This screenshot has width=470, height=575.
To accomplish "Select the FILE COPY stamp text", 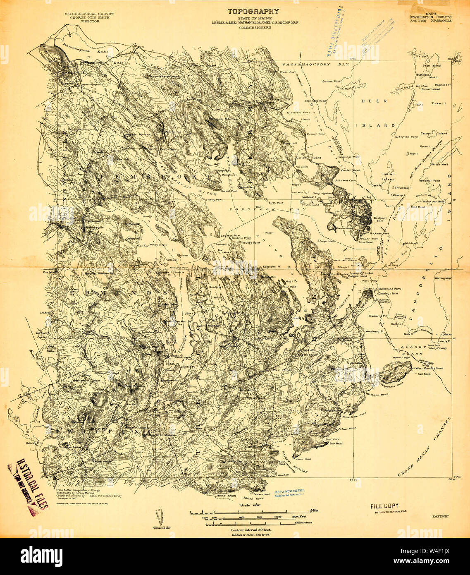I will pos(384,506).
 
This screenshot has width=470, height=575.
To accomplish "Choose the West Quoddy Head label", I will pos(430,368).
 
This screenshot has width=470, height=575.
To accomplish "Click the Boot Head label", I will pos(336,443).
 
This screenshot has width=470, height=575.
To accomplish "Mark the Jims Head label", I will pos(303,459).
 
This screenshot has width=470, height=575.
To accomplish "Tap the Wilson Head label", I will pos(439,164).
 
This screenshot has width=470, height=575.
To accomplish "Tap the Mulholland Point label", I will pos(388,289).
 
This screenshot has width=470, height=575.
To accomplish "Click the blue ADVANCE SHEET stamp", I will pos(289,492).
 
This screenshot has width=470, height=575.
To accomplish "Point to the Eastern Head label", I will pos(261,494).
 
